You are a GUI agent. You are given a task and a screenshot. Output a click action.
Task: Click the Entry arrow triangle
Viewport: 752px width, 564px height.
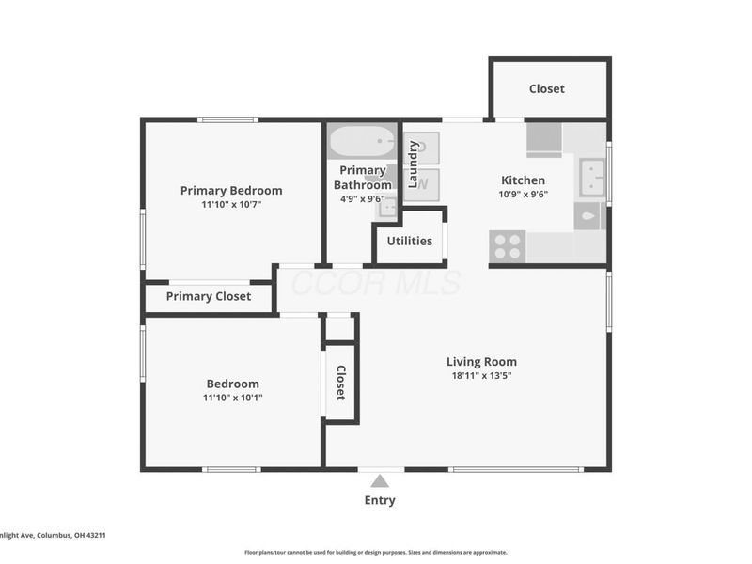379,481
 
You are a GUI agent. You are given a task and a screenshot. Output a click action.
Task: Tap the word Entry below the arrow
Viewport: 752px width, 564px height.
380,500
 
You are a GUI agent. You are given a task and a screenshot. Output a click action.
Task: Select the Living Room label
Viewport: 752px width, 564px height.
481,362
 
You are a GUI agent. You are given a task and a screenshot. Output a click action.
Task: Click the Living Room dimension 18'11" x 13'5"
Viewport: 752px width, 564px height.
481,376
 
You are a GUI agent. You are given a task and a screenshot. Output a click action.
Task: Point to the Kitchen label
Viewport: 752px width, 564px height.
523,180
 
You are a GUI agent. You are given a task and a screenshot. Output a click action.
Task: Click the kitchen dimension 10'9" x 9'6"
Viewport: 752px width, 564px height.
523,195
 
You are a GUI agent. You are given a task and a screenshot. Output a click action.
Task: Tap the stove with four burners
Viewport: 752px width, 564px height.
508,246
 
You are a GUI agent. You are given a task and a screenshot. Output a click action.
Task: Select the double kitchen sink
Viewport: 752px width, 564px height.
592,175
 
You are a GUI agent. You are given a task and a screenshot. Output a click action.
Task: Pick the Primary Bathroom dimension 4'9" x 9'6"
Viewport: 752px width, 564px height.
363,199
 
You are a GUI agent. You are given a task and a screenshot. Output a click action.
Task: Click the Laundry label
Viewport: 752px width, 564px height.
413,164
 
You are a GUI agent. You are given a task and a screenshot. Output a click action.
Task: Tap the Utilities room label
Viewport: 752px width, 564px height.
410,241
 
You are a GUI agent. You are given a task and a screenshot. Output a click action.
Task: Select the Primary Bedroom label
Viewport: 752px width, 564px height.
231,191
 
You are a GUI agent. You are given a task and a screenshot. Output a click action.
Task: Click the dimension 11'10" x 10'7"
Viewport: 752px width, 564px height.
231,204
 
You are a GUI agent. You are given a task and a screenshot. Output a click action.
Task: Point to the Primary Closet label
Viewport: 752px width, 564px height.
209,296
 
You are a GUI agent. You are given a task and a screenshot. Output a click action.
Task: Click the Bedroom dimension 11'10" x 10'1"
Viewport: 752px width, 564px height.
232,398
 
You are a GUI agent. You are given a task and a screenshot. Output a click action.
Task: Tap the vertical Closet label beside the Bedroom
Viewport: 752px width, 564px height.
341,383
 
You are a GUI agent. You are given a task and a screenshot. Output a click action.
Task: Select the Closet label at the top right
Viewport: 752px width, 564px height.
547,88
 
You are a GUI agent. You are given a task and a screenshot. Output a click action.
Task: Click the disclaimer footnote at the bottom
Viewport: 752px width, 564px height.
376,553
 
